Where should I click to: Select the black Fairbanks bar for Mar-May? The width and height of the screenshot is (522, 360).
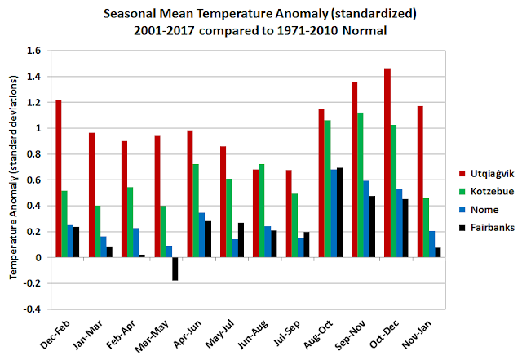click(x=175, y=269)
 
